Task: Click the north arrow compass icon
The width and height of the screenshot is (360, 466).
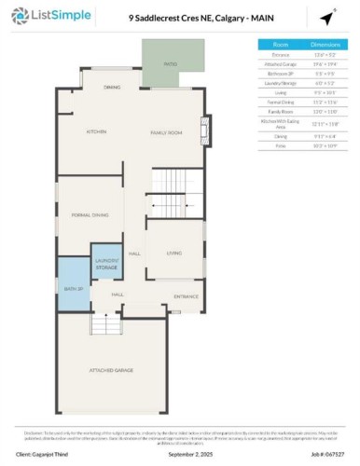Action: tap(327, 19)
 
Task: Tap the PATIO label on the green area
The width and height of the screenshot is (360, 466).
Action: tap(171, 64)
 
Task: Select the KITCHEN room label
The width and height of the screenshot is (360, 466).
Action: tap(97, 132)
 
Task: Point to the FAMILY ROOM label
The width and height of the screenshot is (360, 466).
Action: tap(170, 132)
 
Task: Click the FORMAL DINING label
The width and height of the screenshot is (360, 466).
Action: tap(90, 215)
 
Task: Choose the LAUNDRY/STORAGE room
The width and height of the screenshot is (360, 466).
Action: tap(107, 265)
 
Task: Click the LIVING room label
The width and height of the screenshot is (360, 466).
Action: tap(173, 253)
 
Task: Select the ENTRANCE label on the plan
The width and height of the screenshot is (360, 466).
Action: tap(186, 296)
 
